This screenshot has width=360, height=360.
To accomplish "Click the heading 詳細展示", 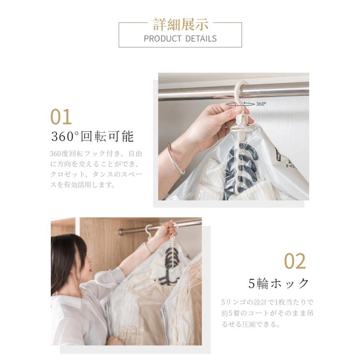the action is pos(181,24).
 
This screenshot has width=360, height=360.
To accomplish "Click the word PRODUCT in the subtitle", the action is pos(162,38).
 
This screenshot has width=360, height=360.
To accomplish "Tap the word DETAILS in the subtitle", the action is pos(201,38).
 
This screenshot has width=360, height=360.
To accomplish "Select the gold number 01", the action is pos(61,117).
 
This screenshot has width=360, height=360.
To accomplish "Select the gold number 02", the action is pos(295,261).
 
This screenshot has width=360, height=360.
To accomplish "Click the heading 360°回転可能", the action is pos(92,136).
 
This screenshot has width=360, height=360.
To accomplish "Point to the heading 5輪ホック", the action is pos(278,283).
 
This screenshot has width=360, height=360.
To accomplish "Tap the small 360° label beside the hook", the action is pos(261,104).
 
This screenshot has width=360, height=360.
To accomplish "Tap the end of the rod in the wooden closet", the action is pos(120,232).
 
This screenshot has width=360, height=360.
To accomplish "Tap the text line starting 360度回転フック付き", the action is pos(96,153).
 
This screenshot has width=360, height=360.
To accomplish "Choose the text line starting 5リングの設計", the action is pos(268,302).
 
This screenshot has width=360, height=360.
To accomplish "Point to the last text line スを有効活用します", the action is pos(83,184).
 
